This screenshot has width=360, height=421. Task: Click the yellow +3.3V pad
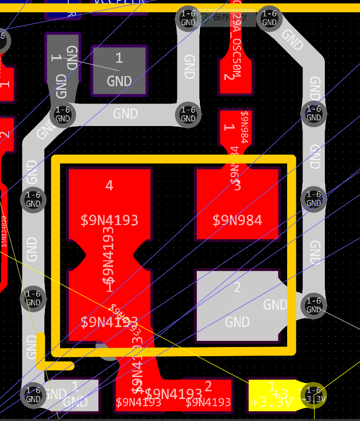pyautogui.click(x=273, y=395)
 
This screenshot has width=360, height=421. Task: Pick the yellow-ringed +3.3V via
pyautogui.click(x=314, y=395)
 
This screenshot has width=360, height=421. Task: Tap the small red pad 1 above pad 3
pyautogui.click(x=236, y=128)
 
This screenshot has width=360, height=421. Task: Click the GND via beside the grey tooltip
pyautogui.click(x=188, y=18)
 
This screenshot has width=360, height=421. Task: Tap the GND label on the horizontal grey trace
pyautogui.click(x=125, y=113)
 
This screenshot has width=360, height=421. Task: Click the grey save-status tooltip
pyautogui.click(x=227, y=18)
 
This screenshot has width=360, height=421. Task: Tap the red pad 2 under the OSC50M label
pyautogui.click(x=235, y=77)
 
